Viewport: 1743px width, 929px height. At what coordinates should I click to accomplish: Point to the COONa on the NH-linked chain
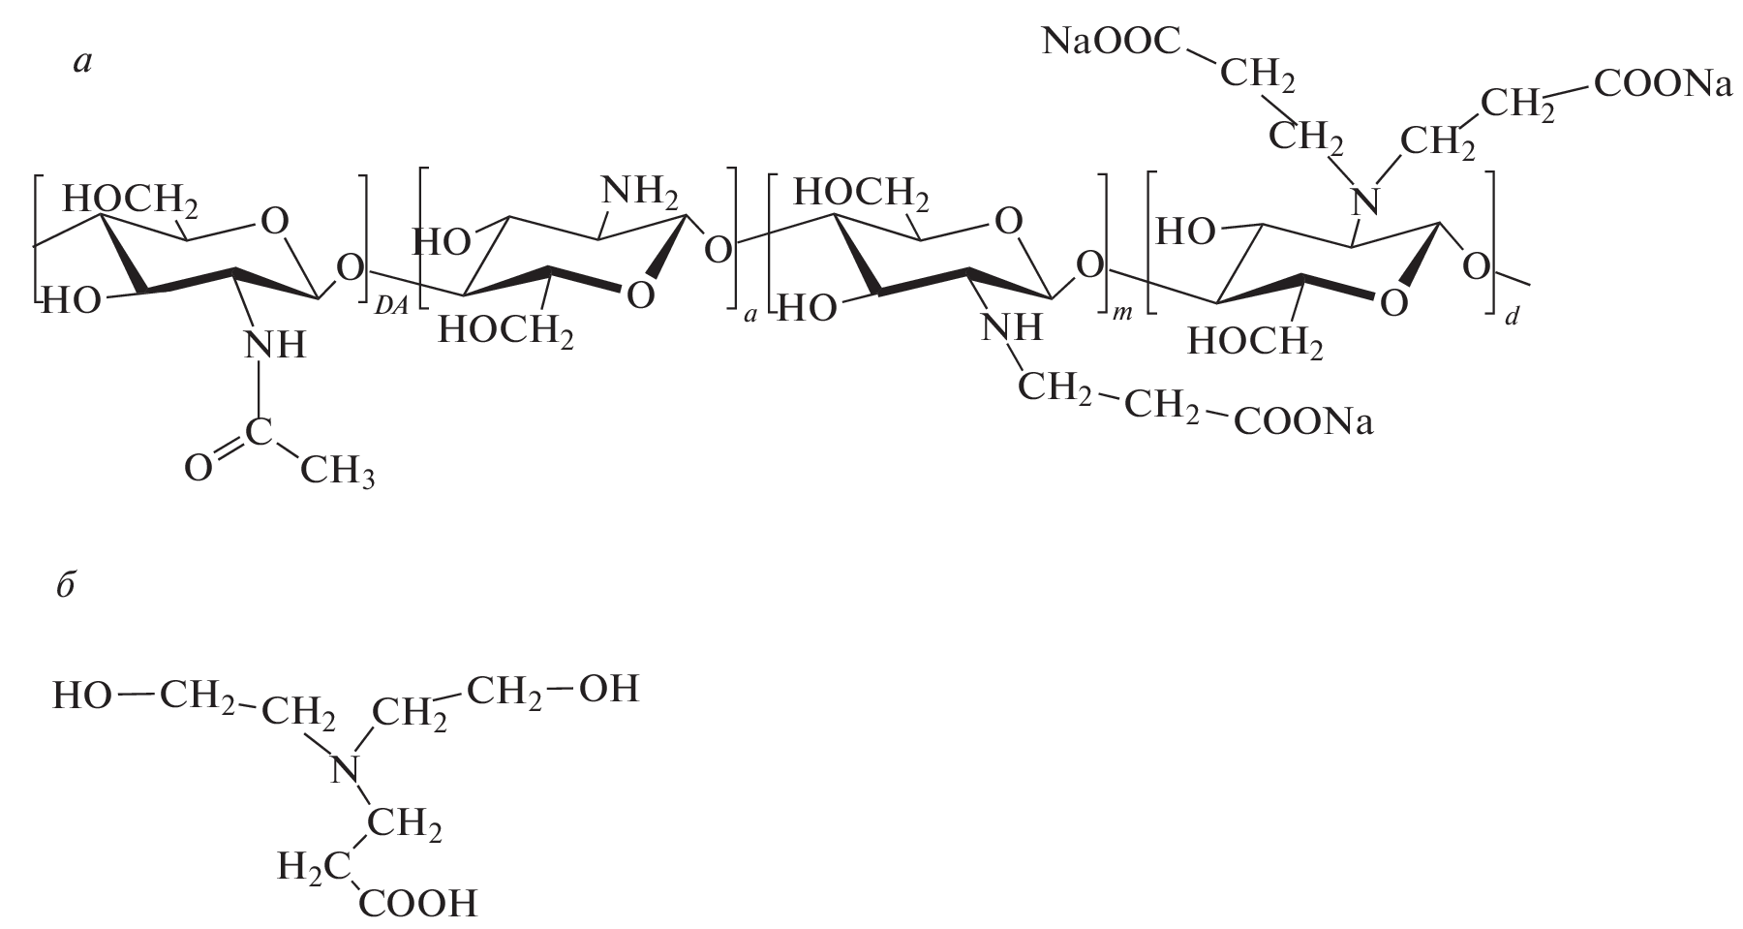click(1303, 423)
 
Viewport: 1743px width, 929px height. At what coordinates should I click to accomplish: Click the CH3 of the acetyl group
click(337, 472)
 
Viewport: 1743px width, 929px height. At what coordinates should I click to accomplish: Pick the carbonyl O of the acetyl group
click(199, 469)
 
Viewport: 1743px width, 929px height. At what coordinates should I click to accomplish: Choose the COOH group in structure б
click(418, 904)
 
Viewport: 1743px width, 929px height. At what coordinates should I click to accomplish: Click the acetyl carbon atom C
click(258, 433)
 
